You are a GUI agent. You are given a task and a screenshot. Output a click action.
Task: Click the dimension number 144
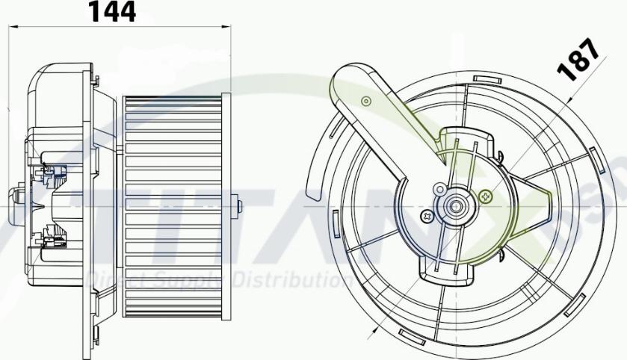[113, 12]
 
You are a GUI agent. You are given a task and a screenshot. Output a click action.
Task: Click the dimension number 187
[579, 59]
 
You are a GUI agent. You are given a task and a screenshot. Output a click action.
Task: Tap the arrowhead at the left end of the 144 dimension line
[11, 28]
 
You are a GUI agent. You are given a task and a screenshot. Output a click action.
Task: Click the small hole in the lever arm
[365, 100]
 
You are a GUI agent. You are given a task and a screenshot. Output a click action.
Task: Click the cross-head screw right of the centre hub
[487, 197]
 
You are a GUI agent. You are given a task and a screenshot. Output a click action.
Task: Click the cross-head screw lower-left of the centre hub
[427, 216]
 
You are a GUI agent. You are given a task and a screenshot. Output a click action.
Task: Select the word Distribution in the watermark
[292, 281]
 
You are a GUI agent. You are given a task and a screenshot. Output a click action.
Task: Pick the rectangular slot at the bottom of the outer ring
[413, 332]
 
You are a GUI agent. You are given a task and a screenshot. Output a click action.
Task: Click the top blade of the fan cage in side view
[173, 99]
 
